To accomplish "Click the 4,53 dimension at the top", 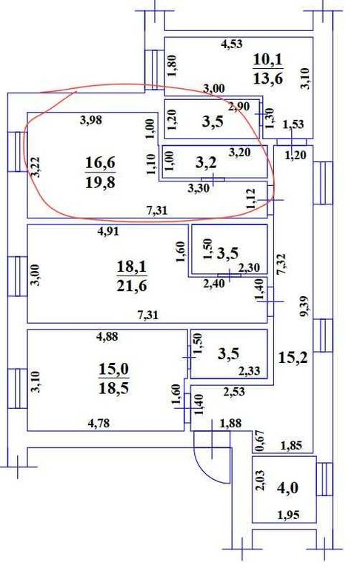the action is click(232, 44).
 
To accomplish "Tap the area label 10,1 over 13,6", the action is click(268, 68).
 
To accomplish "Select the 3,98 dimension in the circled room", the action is click(90, 119).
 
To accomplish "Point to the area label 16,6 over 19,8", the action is click(100, 173).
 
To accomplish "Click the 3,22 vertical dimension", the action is click(35, 167).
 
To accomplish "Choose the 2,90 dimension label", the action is click(239, 107).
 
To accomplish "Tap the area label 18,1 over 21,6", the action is click(131, 276).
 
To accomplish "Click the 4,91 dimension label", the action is click(107, 232).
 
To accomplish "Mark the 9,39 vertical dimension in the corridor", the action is click(304, 307).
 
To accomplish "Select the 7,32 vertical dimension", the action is click(281, 264).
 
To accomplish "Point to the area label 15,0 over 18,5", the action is click(114, 378).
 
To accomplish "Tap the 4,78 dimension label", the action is click(99, 423).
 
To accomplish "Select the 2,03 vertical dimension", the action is click(260, 480).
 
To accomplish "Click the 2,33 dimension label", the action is click(249, 371).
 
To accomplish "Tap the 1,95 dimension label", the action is click(288, 515).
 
